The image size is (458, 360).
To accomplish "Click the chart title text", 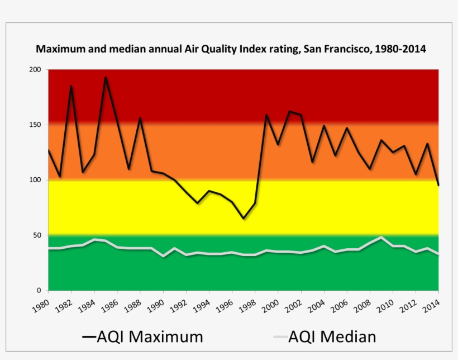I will click(231, 49).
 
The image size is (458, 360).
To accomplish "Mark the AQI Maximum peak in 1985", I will click(106, 78).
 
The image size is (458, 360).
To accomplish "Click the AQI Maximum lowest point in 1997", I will click(244, 219).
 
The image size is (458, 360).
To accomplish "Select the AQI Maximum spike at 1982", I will click(71, 86).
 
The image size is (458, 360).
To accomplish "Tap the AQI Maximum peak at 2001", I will click(289, 111).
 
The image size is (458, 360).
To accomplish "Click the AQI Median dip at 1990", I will click(163, 256).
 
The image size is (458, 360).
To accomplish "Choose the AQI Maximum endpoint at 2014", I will click(438, 185).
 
